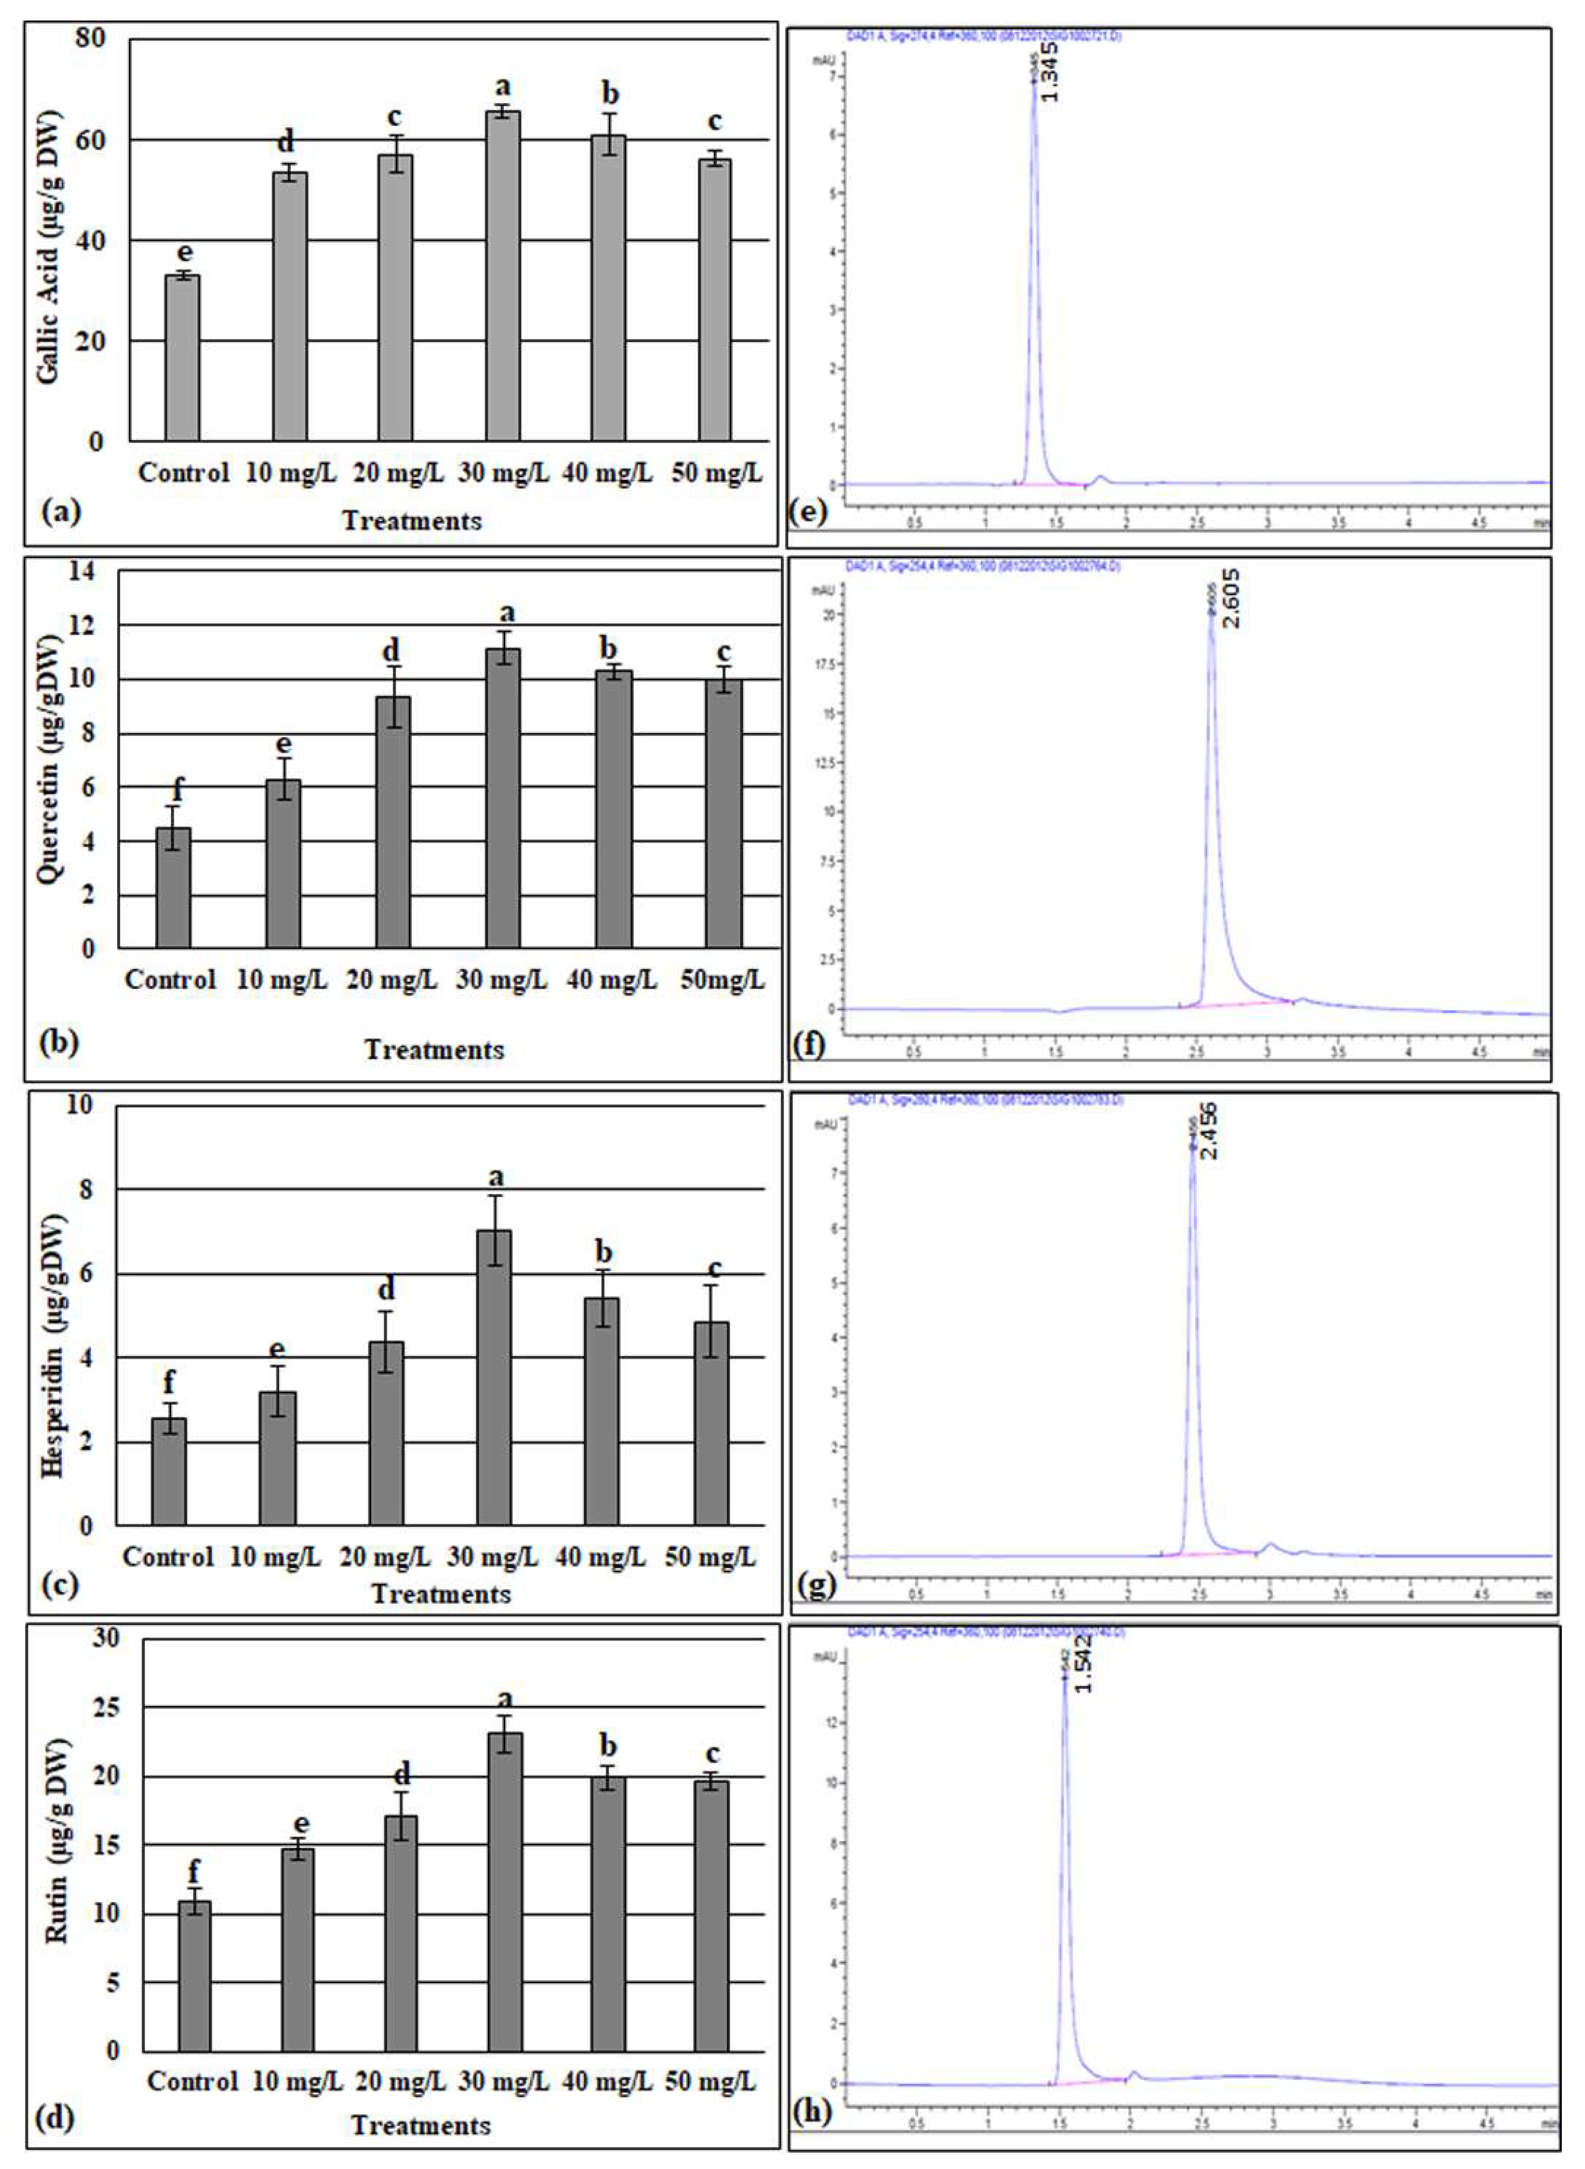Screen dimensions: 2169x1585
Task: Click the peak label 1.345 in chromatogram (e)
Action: [x=1050, y=72]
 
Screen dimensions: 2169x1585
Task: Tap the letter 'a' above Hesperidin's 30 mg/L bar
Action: [x=496, y=1178]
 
